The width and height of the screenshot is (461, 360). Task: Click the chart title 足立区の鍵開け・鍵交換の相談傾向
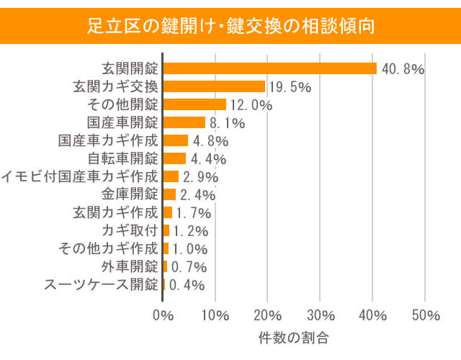point(230,27)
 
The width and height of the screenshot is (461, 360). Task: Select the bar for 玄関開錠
point(270,68)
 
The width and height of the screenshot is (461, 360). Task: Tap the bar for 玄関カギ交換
point(215,86)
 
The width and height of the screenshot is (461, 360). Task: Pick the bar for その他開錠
point(194,104)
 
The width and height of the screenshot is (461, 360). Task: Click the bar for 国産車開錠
point(184,122)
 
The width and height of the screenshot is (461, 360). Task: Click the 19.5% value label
point(290,87)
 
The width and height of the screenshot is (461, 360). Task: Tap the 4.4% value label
point(210,159)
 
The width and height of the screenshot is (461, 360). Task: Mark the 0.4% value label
point(186,285)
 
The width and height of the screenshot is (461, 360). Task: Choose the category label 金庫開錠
point(129,194)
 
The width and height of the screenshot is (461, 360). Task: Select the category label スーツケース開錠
point(100,284)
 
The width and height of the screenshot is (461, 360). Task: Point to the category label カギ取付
point(130,230)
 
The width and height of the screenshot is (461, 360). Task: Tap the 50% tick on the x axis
point(425,315)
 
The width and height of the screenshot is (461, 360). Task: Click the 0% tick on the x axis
point(164,315)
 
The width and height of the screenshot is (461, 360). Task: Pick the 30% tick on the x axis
point(320,315)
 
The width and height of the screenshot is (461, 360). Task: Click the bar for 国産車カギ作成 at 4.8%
point(176,140)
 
